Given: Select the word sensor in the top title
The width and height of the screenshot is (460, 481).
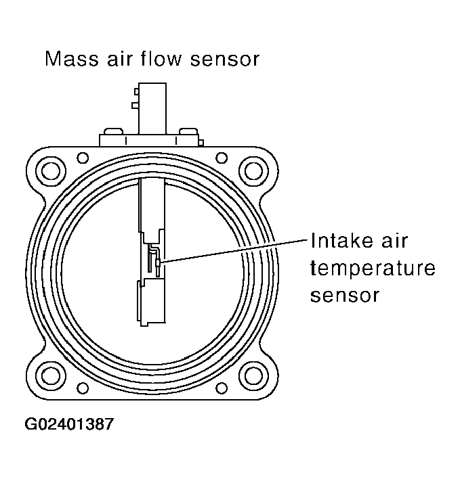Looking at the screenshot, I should (x=226, y=59).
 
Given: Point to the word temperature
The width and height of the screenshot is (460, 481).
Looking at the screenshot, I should (x=372, y=269).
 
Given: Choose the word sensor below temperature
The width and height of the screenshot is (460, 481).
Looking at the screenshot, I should (x=343, y=296).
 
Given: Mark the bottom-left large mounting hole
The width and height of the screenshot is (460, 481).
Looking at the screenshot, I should (x=50, y=373).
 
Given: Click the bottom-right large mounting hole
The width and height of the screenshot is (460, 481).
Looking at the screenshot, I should (x=253, y=373).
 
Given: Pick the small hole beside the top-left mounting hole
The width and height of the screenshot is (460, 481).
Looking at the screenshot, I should (x=83, y=158).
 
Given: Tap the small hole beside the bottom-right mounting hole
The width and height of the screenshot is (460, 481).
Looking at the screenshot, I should (x=221, y=388).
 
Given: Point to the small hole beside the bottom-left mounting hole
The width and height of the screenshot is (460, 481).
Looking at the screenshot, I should (x=83, y=388).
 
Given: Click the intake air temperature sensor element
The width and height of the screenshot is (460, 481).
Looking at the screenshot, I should (x=156, y=262).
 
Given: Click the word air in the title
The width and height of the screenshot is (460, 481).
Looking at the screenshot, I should (x=126, y=59).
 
